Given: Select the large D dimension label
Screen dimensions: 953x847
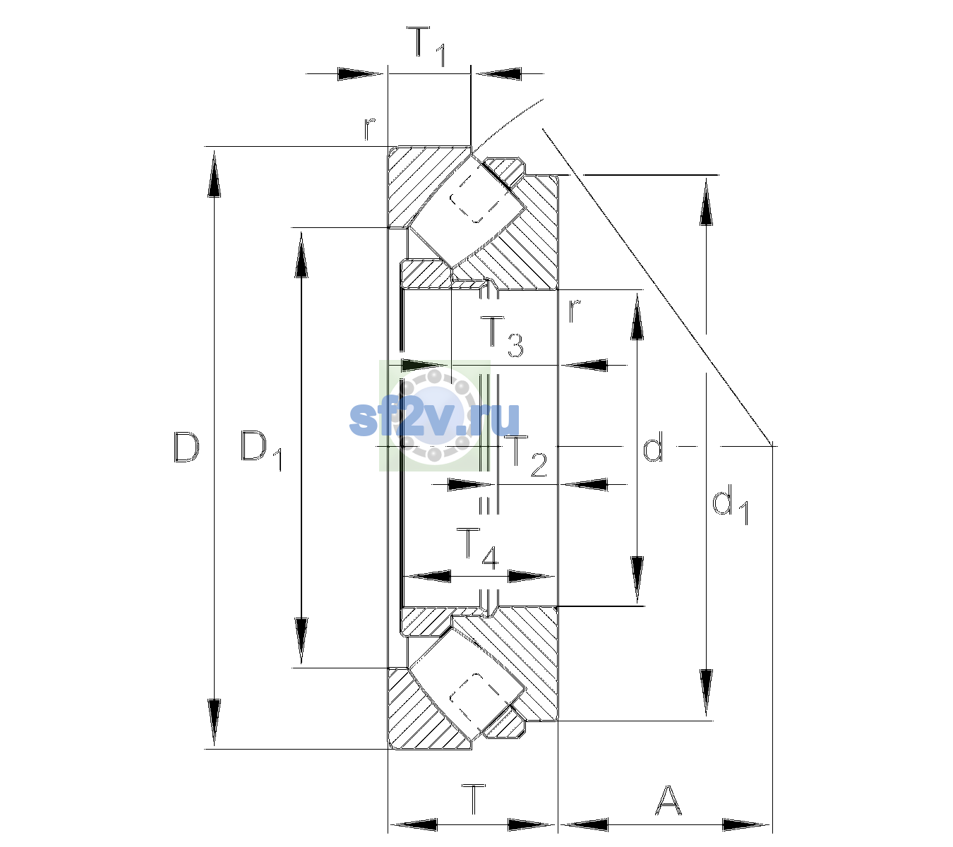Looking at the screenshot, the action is pos(186,447).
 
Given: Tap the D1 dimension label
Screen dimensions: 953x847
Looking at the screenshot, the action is pos(261,450).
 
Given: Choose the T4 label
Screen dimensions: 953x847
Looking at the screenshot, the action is pos(477,549).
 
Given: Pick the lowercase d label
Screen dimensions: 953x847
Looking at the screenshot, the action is pos(653,446).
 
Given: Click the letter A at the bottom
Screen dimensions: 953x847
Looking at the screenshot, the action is pos(668,800).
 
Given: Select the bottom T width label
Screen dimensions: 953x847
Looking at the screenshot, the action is pos(473,800).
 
